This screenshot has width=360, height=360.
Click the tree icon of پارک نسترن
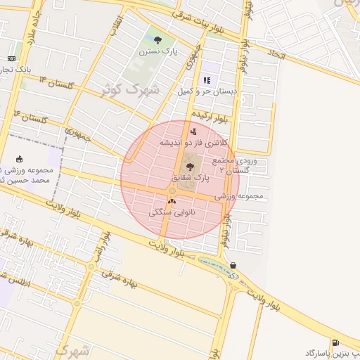(157, 40)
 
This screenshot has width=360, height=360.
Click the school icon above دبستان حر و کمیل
(207, 81)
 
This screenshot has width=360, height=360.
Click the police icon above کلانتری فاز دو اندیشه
(193, 131)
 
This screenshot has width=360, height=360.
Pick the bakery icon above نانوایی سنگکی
(172, 201)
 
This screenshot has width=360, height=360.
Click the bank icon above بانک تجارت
(12, 58)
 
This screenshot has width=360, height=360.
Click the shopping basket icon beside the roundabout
(233, 265)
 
